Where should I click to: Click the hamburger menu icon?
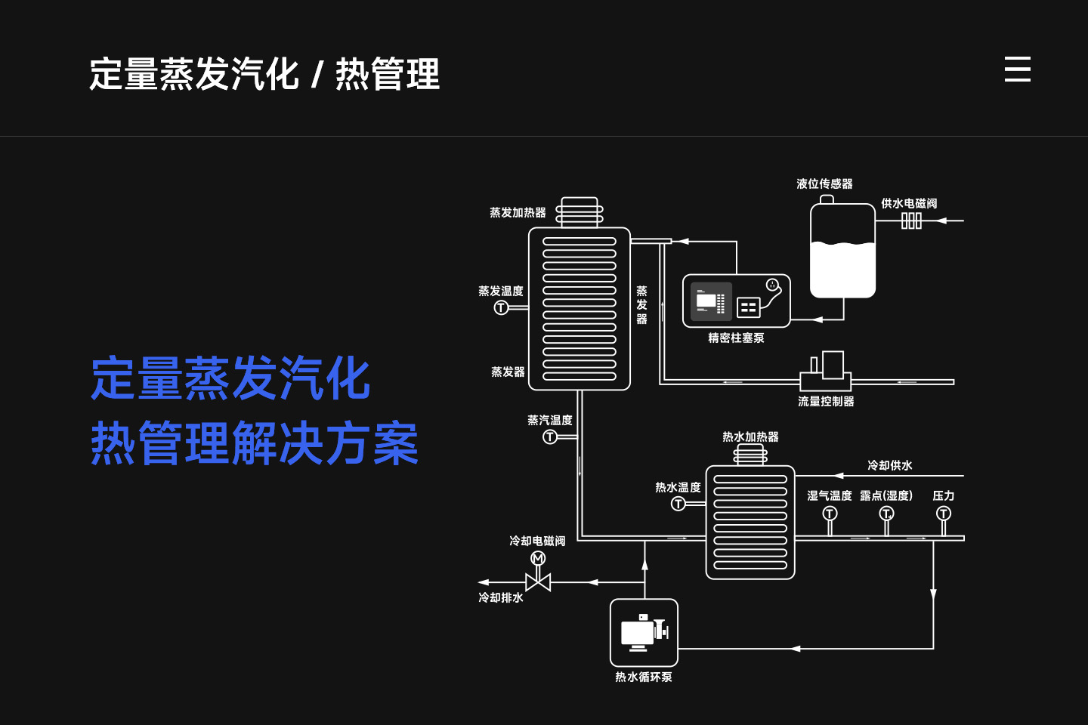[x=1017, y=69]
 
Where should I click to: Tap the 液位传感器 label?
[x=824, y=184]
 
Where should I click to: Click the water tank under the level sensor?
[x=842, y=253]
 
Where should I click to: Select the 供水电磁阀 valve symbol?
[x=911, y=221]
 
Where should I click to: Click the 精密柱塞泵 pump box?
[x=736, y=301]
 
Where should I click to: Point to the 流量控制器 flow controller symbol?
[x=826, y=372]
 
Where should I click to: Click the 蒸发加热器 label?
[x=518, y=213]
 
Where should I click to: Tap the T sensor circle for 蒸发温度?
[x=501, y=307]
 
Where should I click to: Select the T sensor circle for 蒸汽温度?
[x=550, y=437]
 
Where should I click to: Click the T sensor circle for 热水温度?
[x=678, y=504]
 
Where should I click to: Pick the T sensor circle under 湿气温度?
[x=830, y=514]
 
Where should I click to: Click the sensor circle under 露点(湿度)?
[x=886, y=514]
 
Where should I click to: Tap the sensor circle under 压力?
[x=944, y=514]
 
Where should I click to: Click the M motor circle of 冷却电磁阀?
[x=538, y=558]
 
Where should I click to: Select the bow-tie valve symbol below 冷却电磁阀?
[x=538, y=582]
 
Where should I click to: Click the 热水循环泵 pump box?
[x=644, y=633]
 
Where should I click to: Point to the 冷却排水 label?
[x=501, y=597]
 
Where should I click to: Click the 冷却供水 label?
[x=889, y=465]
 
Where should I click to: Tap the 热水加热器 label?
[x=750, y=437]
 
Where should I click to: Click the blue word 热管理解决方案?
[x=255, y=443]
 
